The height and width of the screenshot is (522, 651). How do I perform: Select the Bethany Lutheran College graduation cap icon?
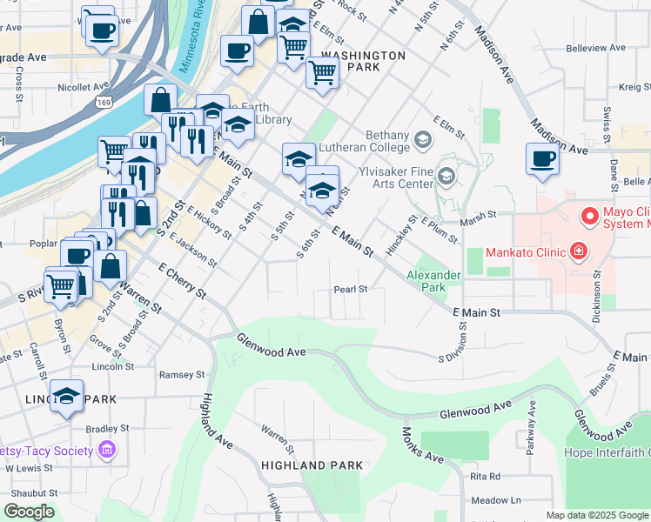tap(423, 139)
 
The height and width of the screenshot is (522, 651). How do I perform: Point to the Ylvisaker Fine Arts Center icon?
tap(446, 177)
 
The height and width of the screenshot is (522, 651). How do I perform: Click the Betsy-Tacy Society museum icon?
tap(107, 450)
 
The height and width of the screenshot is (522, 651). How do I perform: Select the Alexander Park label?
tap(433, 281)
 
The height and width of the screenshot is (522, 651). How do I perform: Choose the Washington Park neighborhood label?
tap(363, 61)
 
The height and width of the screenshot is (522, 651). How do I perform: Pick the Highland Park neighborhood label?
tap(312, 465)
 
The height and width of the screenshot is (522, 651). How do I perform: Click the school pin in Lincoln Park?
tap(66, 398)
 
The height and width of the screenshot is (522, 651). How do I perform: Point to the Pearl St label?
tap(352, 289)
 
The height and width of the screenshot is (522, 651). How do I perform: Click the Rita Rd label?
tap(485, 476)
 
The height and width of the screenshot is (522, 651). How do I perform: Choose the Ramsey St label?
tap(182, 375)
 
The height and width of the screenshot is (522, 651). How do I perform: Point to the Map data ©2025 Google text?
tap(596, 515)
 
